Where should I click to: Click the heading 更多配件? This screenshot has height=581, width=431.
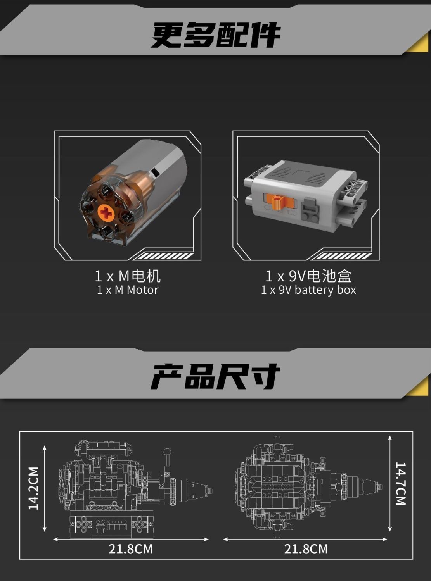[216, 35]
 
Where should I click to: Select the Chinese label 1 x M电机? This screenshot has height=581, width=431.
[128, 276]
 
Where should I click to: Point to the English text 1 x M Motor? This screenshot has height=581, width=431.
[128, 290]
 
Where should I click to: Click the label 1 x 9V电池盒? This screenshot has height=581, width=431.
[308, 276]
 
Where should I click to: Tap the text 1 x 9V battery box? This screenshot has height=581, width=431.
[308, 290]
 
